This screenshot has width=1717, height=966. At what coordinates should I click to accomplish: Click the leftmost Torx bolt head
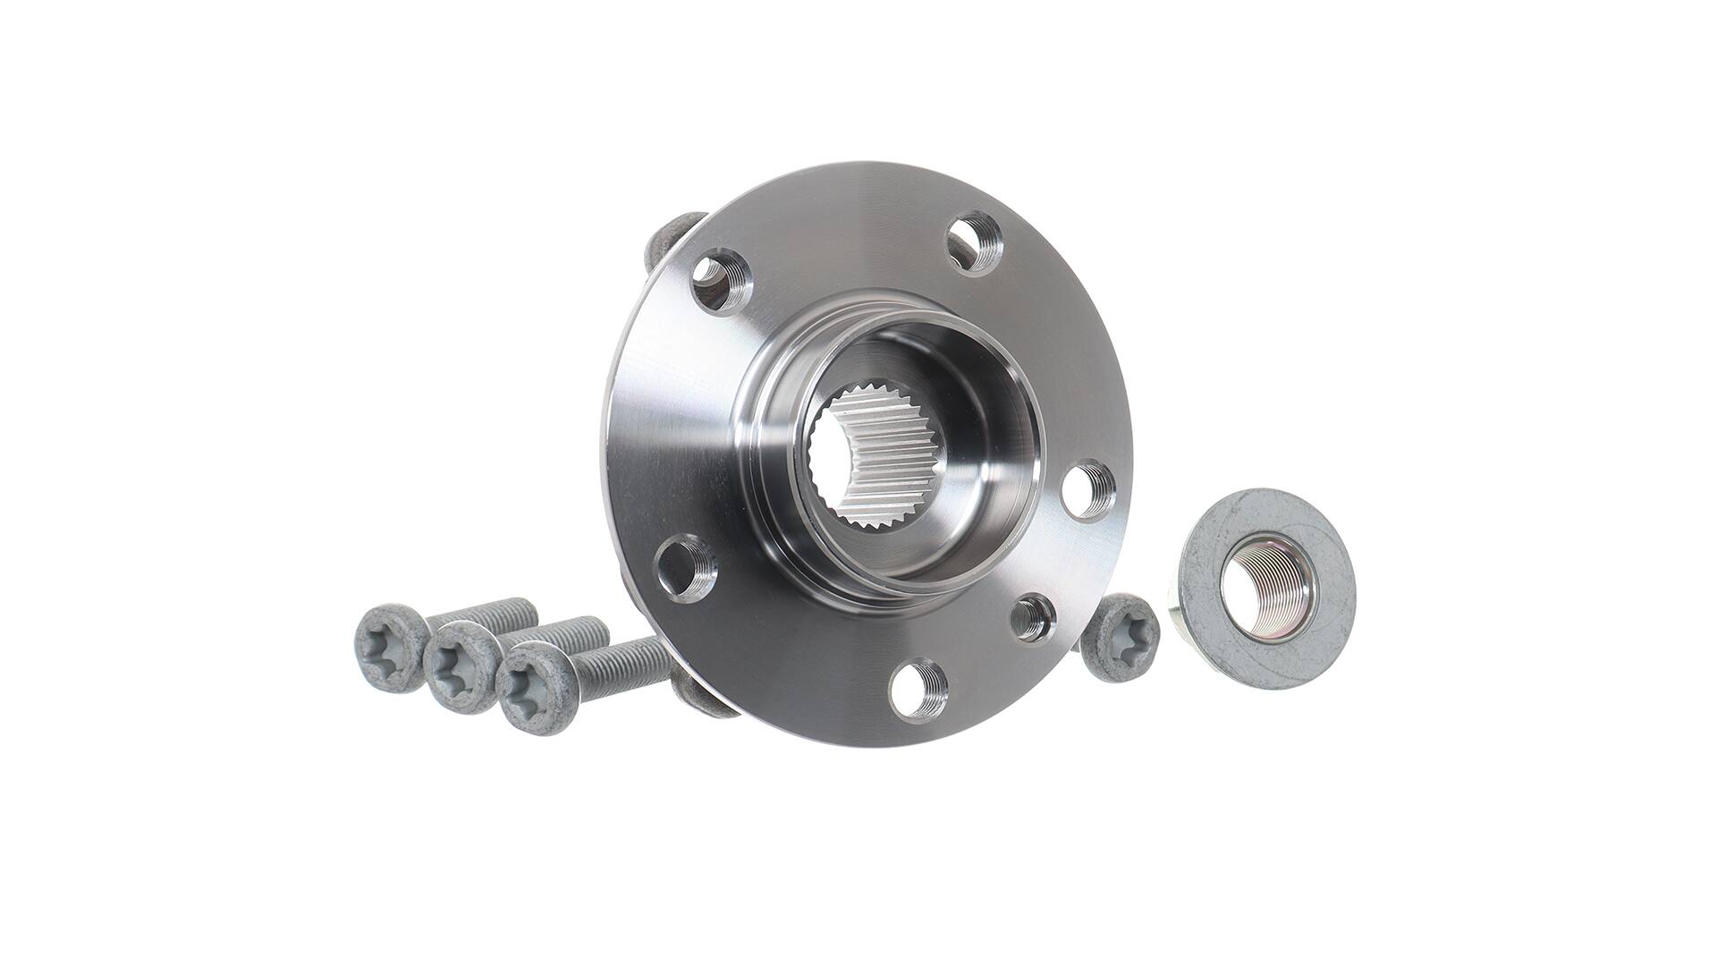tap(390, 647)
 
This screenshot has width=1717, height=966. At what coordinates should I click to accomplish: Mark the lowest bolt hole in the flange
tap(918, 687)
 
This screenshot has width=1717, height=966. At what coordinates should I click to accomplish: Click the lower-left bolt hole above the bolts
tap(686, 568)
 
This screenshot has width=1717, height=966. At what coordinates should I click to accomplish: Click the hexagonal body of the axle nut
tap(1189, 617)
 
